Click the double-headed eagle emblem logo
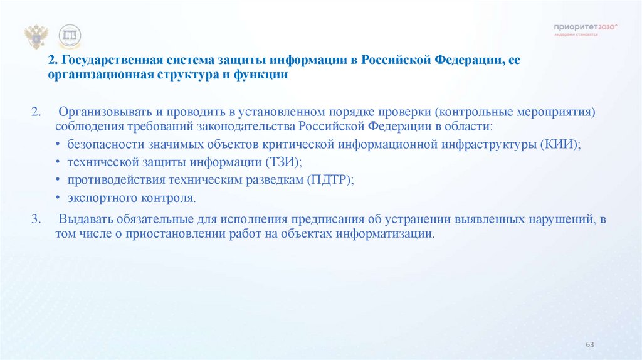pos(36,37)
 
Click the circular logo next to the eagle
pos(70,37)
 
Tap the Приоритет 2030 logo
pos(586,29)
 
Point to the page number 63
pos(589,345)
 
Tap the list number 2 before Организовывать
pos(36,112)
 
